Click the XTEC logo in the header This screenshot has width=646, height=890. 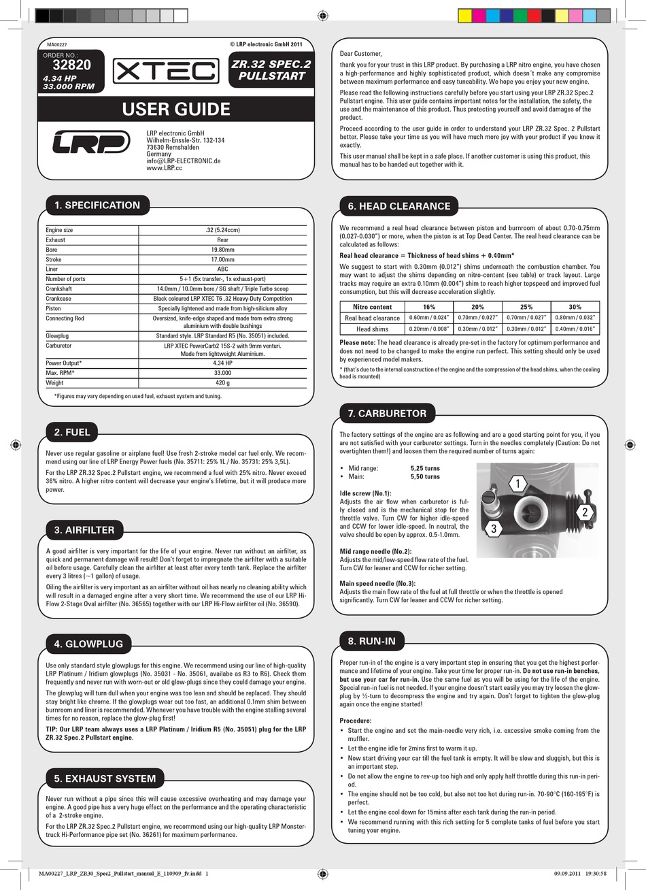(x=165, y=70)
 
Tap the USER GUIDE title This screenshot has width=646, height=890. (x=175, y=109)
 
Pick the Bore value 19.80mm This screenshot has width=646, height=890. (x=222, y=250)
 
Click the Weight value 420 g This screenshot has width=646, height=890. (x=222, y=382)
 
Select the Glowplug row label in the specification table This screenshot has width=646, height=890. (x=57, y=335)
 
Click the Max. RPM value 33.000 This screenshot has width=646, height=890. (x=222, y=373)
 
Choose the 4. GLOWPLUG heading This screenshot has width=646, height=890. (x=88, y=644)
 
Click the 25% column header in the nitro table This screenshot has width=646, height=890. (x=526, y=307)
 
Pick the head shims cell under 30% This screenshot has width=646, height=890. (x=575, y=329)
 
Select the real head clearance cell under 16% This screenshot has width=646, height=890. (x=428, y=318)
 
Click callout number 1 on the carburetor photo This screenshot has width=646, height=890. (x=517, y=484)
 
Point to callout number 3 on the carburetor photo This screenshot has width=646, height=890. (x=494, y=528)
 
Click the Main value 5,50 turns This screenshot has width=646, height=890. (x=425, y=477)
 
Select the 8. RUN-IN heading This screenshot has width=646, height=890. (x=371, y=640)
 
